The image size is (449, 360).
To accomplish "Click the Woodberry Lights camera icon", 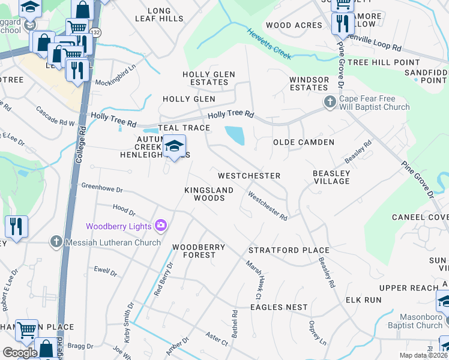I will (x=160, y=226).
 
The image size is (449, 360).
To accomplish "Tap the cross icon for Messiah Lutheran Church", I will (x=56, y=242).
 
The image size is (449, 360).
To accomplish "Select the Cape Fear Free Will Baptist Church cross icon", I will (x=330, y=103).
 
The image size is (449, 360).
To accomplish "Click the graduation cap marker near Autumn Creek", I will (x=175, y=146).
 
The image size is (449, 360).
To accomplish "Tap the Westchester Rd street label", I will (x=268, y=205).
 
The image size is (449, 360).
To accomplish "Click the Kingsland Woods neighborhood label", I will (x=204, y=194).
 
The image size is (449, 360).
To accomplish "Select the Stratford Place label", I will (x=289, y=250).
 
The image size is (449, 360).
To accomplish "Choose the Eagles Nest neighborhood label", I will (x=279, y=307).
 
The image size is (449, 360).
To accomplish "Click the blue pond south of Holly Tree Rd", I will (x=235, y=135).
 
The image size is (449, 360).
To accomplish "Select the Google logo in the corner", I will (x=20, y=352).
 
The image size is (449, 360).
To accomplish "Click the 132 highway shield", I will (x=95, y=31).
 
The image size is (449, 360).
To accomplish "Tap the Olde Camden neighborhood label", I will (x=303, y=142).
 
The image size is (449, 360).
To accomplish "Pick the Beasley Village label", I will (x=331, y=177).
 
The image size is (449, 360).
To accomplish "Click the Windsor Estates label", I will (x=309, y=83).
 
